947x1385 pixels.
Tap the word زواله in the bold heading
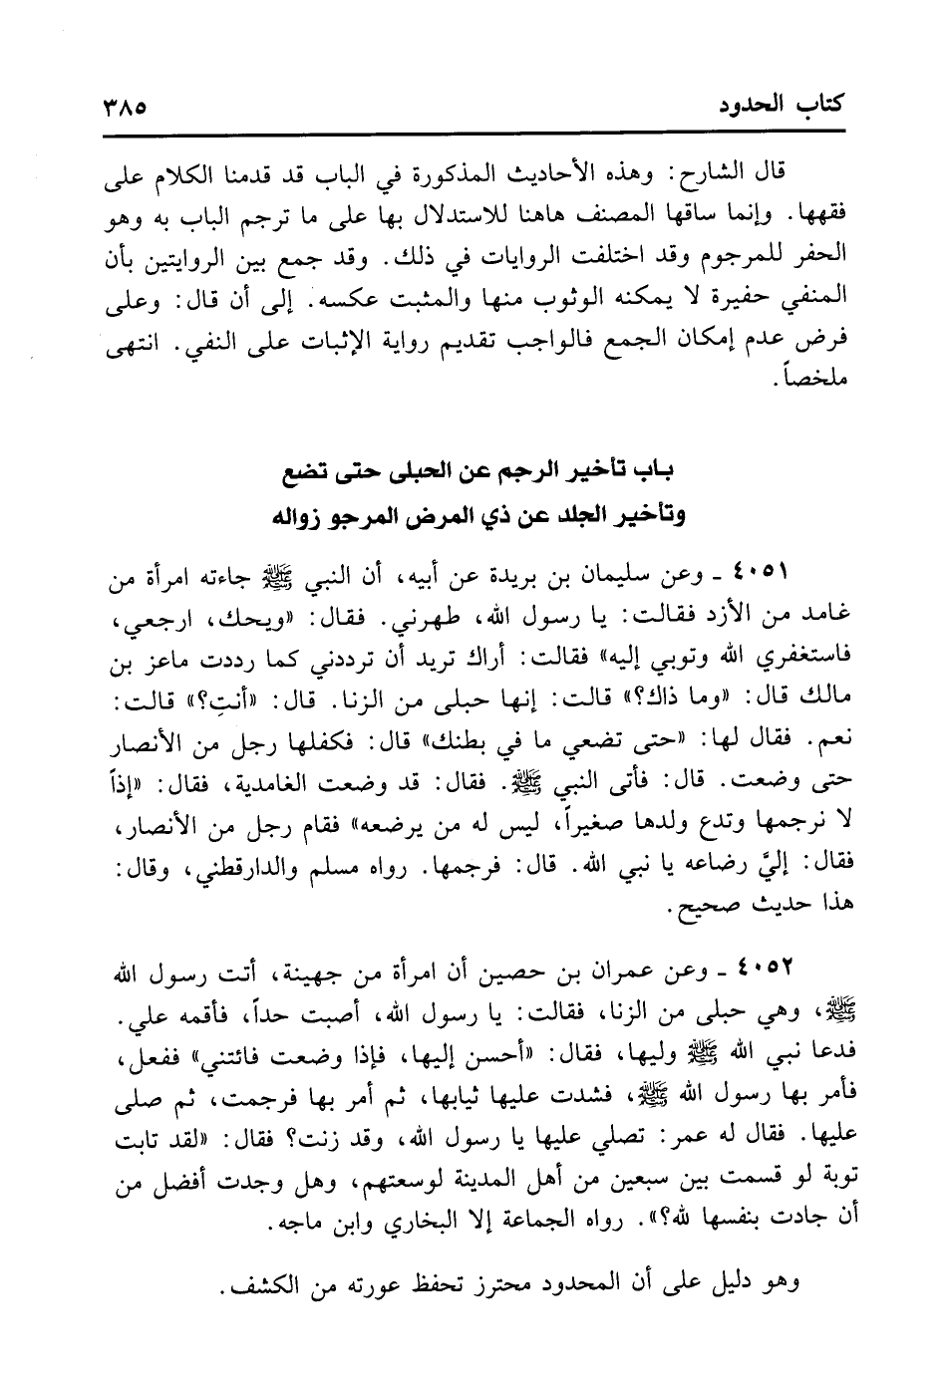coord(303,518)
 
